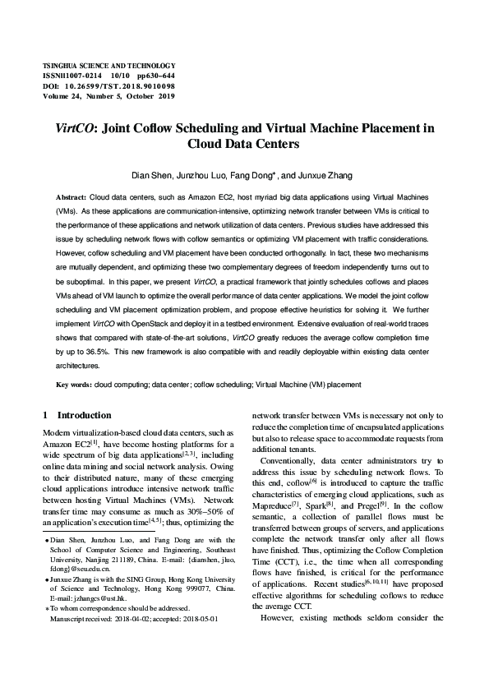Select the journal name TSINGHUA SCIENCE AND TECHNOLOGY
[108, 65]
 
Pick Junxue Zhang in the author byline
[331, 175]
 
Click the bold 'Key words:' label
[73, 384]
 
